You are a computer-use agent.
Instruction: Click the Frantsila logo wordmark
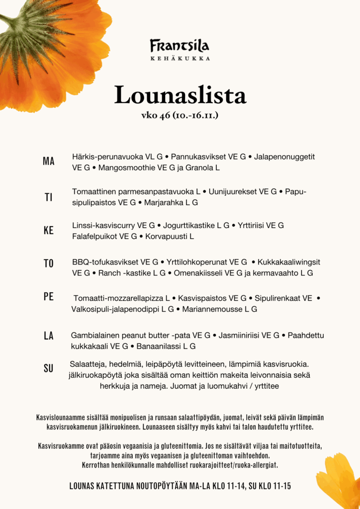pos(180,46)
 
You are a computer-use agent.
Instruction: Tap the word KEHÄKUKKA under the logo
pos(180,58)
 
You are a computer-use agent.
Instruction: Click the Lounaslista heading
pos(180,95)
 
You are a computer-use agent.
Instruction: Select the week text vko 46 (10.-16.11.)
pos(180,115)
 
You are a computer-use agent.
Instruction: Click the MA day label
pos(49,162)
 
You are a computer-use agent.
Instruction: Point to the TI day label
pos(49,197)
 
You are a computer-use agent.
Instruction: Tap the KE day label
pos(49,231)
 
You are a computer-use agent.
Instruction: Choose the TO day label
pos(49,263)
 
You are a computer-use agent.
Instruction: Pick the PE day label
pos(49,297)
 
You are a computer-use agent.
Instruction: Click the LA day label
pos(49,336)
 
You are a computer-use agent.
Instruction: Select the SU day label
pos(49,368)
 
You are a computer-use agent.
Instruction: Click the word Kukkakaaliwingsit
pos(289,262)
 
